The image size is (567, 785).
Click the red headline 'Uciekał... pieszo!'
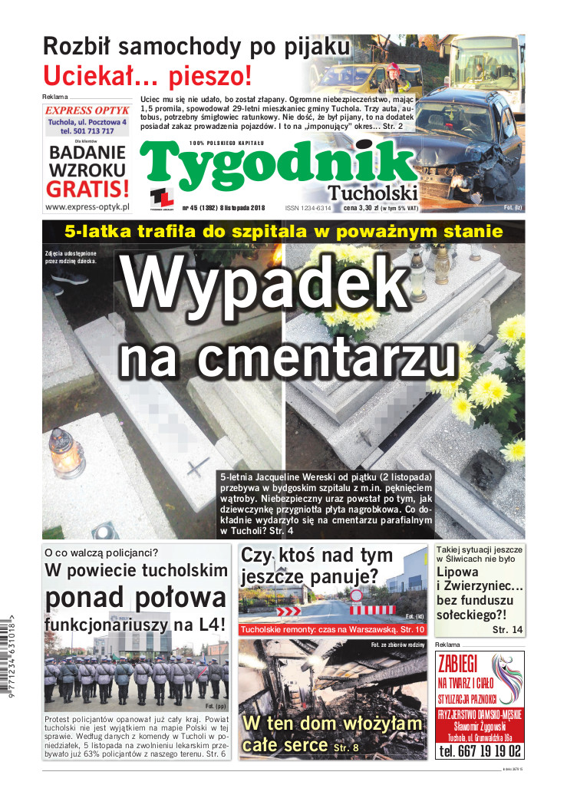[x=147, y=75]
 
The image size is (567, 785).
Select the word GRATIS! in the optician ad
[x=87, y=188]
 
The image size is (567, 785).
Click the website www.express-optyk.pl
[x=87, y=206]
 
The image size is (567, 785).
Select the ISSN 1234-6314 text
[x=308, y=208]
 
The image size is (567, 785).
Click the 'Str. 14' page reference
[x=507, y=629]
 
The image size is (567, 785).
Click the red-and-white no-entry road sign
[x=355, y=595]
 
